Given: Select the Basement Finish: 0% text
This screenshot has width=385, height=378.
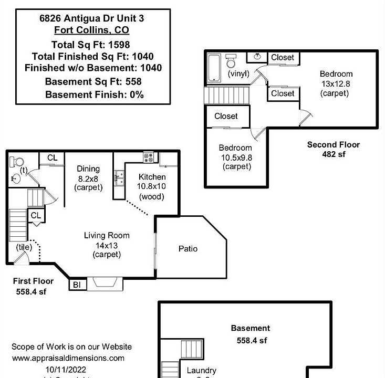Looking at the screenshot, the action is [94, 94].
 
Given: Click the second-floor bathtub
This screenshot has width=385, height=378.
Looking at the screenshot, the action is [214, 67].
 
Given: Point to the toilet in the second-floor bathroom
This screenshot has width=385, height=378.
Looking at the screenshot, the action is [231, 61].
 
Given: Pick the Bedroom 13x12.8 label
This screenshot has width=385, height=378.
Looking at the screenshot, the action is [336, 83].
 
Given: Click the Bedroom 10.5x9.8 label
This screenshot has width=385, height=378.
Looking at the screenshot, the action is [236, 157].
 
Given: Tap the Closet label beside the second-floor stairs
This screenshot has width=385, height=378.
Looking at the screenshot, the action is [226, 116].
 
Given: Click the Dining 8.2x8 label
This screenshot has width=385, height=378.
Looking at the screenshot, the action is [88, 178].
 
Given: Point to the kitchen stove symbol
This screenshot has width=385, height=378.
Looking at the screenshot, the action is [148, 156].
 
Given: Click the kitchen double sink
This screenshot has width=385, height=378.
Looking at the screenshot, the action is [120, 180].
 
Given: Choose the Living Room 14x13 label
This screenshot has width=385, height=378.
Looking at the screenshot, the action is [107, 245].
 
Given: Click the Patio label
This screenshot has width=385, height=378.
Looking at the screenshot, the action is [188, 248].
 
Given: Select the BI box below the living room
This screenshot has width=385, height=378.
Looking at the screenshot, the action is [77, 285].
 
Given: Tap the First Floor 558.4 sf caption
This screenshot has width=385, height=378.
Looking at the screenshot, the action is [33, 286].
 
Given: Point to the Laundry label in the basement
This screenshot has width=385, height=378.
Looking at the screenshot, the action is [201, 371].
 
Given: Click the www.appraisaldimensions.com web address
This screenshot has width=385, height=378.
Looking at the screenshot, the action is [68, 358].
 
